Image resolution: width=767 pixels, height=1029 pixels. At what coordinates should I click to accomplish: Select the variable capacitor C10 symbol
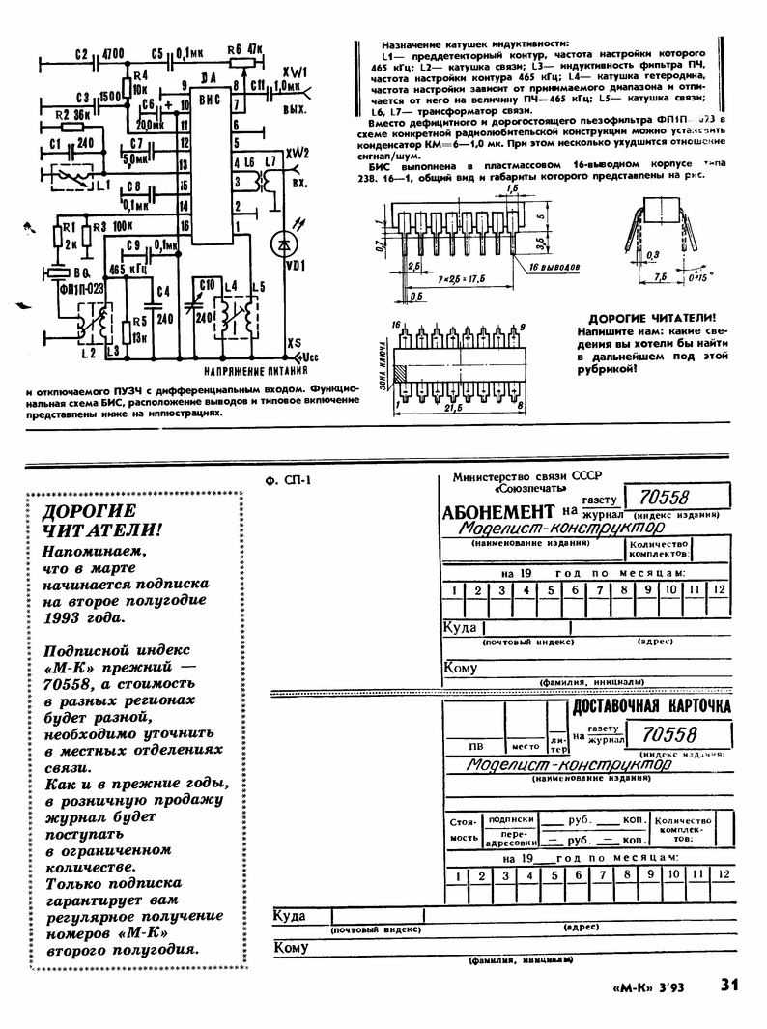tap(203, 311)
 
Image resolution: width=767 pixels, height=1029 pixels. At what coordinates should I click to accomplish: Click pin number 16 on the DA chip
tap(184, 224)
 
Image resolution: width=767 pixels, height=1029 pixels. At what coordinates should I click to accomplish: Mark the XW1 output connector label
tap(295, 72)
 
